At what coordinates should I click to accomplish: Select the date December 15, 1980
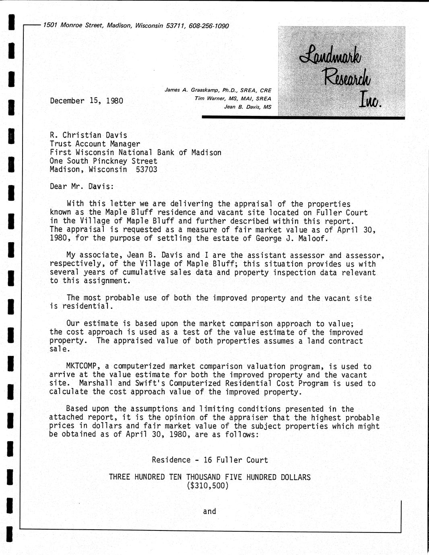tap(87, 101)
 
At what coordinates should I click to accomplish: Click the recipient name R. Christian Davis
tap(89, 136)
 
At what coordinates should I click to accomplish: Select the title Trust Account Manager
tap(95, 144)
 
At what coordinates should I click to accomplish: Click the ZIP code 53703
tap(147, 169)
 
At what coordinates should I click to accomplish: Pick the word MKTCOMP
tap(84, 366)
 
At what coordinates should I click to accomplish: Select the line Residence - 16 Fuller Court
tap(210, 460)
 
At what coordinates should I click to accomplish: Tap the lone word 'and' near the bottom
tap(209, 512)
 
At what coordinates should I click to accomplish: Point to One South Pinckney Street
tap(103, 161)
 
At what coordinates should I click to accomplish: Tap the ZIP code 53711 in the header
tap(176, 26)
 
